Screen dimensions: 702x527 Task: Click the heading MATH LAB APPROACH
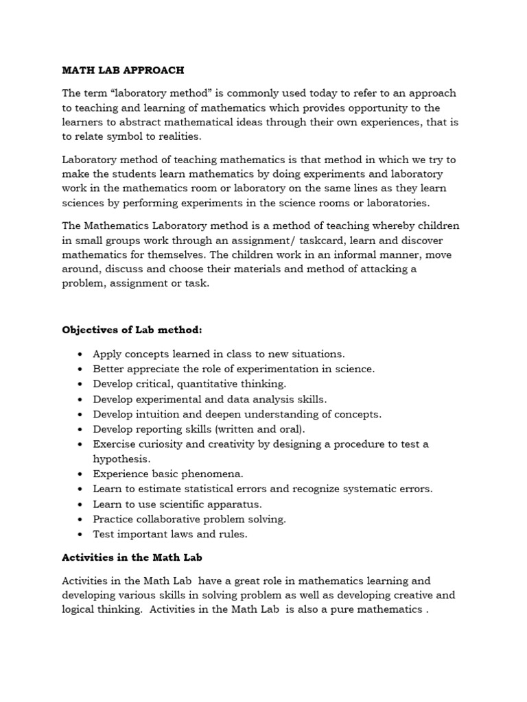(x=123, y=70)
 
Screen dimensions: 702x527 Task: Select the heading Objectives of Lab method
(x=132, y=330)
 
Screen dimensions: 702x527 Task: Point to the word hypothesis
(x=121, y=459)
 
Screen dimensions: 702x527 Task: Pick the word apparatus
(x=227, y=504)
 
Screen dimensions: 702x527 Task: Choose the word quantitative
(x=207, y=384)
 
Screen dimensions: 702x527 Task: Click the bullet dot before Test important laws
(x=81, y=534)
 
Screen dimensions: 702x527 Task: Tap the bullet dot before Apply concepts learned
(x=81, y=354)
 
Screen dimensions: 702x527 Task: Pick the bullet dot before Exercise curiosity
(x=81, y=444)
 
